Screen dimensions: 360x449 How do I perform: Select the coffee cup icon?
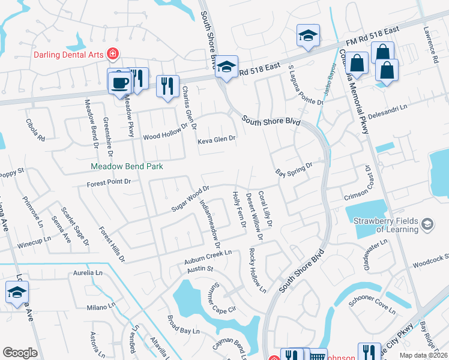118,82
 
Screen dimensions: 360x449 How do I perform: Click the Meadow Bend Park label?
127,166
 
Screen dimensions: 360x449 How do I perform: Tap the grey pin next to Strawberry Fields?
427,224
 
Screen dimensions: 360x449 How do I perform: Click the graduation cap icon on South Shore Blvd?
226,67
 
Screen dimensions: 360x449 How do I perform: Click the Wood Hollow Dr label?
165,134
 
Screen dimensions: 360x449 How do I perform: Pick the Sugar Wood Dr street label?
190,197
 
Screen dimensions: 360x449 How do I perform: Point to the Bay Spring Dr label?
294,170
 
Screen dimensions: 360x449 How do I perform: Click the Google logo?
20,352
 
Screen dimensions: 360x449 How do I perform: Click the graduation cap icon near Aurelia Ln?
17,293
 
